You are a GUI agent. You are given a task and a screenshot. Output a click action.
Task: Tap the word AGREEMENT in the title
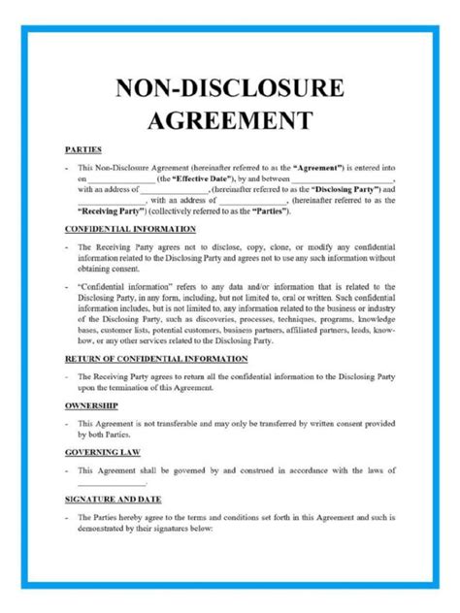229,121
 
